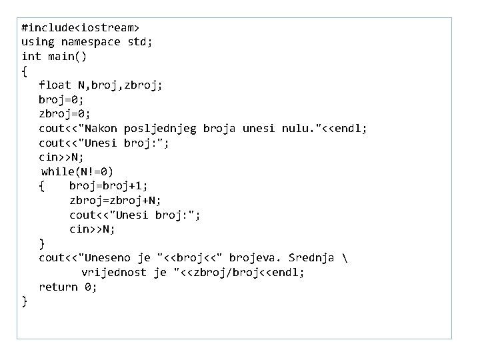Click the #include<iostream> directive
(80, 28)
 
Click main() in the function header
(67, 57)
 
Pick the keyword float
(54, 85)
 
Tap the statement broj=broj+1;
(109, 186)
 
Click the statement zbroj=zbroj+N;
(115, 200)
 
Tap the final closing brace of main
(25, 302)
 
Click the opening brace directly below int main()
(25, 71)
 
